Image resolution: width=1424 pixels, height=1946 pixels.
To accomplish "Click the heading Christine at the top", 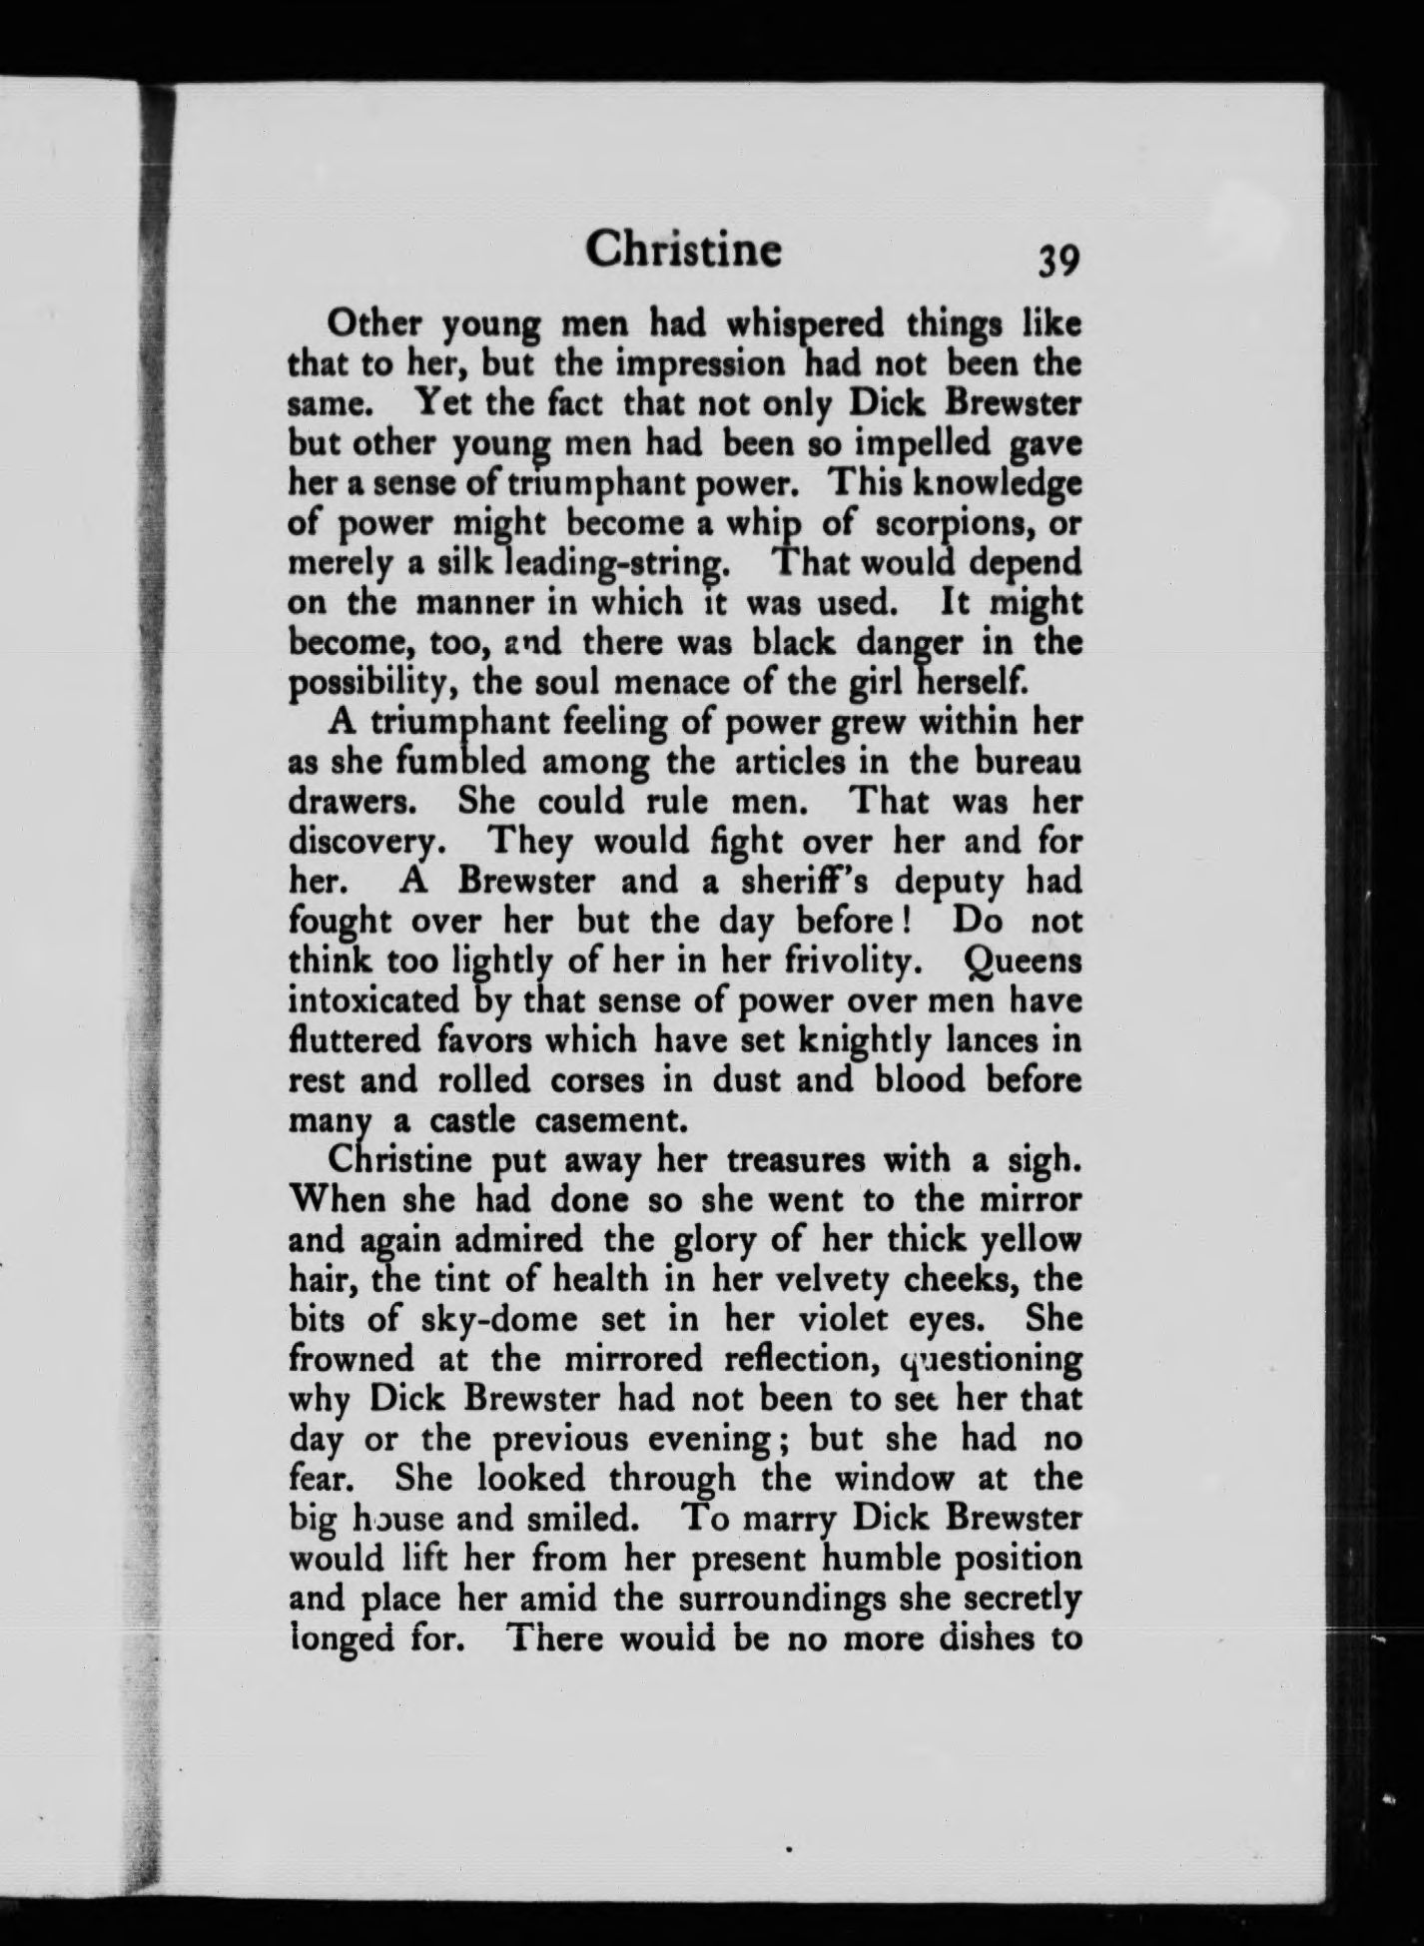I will coord(683,250).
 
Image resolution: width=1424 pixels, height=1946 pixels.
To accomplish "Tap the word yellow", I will coord(1032,1240).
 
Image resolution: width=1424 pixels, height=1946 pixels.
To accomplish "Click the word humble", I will coord(879,1559).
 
